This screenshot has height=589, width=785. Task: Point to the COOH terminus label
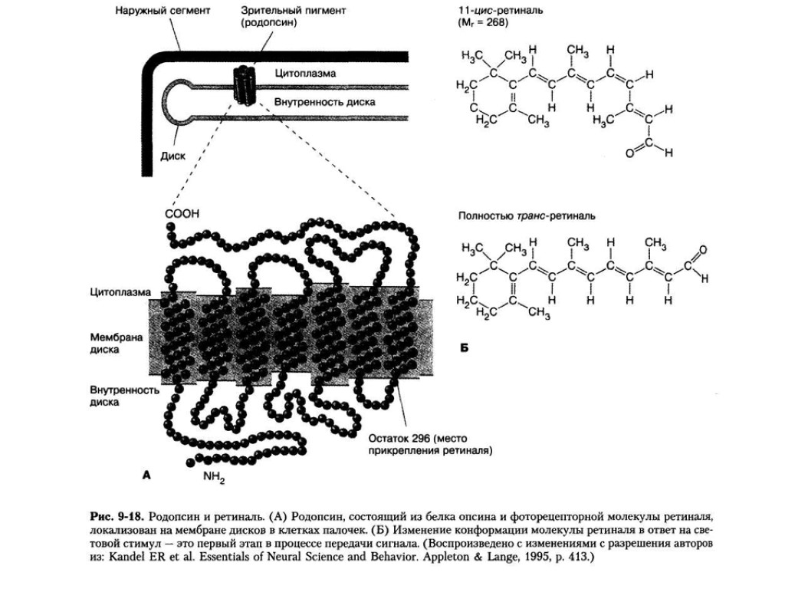click(182, 214)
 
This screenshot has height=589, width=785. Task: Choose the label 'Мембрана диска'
click(117, 343)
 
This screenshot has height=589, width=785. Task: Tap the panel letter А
click(145, 475)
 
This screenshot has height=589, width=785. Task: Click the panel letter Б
click(464, 348)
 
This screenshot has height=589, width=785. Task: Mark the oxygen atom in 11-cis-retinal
click(629, 153)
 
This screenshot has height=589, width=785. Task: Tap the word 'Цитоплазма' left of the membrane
click(120, 292)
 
